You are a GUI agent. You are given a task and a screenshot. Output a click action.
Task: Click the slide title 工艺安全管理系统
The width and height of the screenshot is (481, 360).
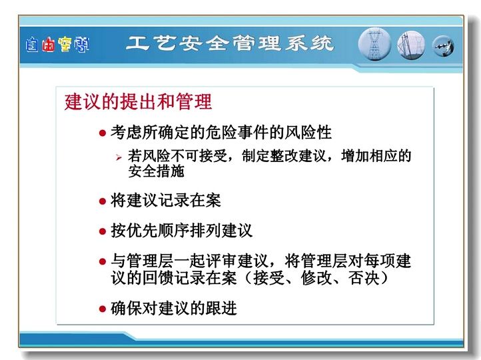coord(230,43)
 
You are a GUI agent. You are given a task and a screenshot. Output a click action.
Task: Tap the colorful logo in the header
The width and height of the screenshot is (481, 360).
coord(57,45)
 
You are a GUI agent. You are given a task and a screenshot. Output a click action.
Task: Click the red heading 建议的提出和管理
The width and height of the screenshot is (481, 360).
coord(138,101)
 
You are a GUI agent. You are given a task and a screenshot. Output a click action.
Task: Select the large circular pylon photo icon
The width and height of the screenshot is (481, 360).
coord(374,43)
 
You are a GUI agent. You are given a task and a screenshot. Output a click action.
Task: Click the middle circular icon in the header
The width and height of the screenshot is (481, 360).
coord(411,45)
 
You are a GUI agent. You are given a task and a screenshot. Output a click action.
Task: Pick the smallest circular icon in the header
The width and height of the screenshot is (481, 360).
coord(443,47)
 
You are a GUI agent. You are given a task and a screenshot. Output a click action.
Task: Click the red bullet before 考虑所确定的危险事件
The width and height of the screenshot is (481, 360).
coord(103,133)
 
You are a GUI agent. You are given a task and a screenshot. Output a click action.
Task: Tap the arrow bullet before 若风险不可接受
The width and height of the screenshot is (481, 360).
coord(119,158)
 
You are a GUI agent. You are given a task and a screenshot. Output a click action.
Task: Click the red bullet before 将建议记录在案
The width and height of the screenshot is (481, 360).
coord(103,201)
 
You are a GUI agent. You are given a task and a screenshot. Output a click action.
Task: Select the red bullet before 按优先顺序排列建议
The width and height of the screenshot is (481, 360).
coord(103,231)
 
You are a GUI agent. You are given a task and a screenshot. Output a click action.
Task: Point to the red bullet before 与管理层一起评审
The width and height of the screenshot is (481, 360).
coord(103,261)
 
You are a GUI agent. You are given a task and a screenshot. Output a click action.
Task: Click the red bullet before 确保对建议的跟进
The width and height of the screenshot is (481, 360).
coord(103,309)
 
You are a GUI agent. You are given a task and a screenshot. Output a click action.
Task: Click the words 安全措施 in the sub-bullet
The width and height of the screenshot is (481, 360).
coord(156,171)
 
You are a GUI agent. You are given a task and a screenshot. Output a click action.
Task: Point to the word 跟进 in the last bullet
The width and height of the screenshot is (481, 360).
coord(221,308)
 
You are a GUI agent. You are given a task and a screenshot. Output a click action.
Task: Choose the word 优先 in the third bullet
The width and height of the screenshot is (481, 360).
coord(143,231)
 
